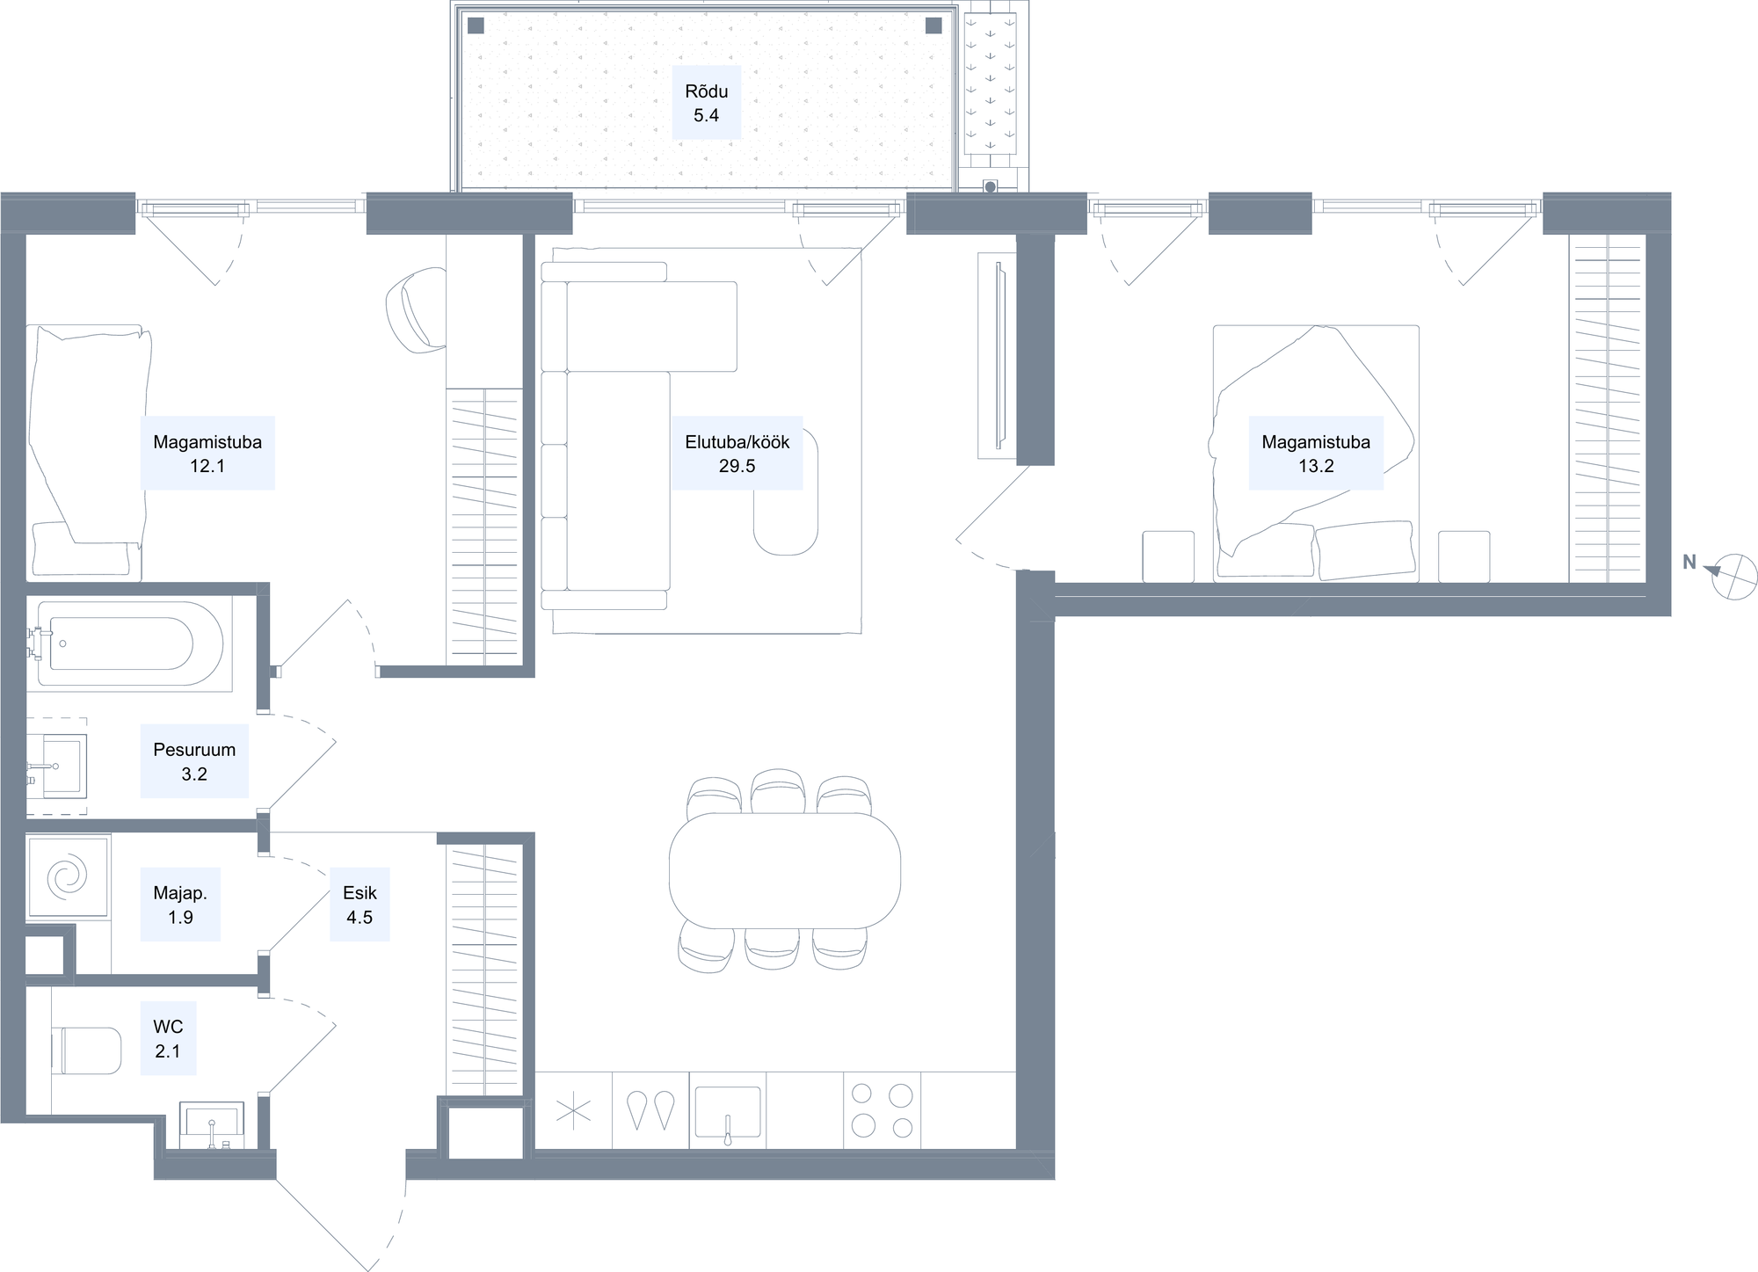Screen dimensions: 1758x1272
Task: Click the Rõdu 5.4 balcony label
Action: pos(706,103)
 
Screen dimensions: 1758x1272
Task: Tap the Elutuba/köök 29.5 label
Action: pos(737,454)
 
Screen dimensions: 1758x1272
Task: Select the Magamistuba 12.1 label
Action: pos(207,454)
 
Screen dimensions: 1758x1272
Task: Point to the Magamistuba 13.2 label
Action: pos(1316,454)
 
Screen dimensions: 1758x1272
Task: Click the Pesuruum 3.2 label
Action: pos(194,761)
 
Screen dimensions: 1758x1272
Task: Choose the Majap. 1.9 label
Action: pos(180,905)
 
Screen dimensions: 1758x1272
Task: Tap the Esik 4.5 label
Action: pos(360,905)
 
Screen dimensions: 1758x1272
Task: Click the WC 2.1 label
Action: pos(168,1038)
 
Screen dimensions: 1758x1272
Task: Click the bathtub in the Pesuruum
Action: pos(122,643)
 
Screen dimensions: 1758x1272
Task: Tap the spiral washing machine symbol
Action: pos(69,876)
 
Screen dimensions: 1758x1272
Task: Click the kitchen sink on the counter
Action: pos(728,1112)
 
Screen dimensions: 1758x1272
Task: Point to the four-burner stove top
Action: pos(883,1110)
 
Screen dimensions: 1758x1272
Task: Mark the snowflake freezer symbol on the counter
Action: pos(573,1110)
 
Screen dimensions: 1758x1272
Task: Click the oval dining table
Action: pos(785,870)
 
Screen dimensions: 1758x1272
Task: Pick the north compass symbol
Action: pos(1734,577)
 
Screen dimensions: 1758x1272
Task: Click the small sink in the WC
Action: pos(213,1125)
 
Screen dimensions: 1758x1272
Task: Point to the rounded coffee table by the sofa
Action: pos(786,492)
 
